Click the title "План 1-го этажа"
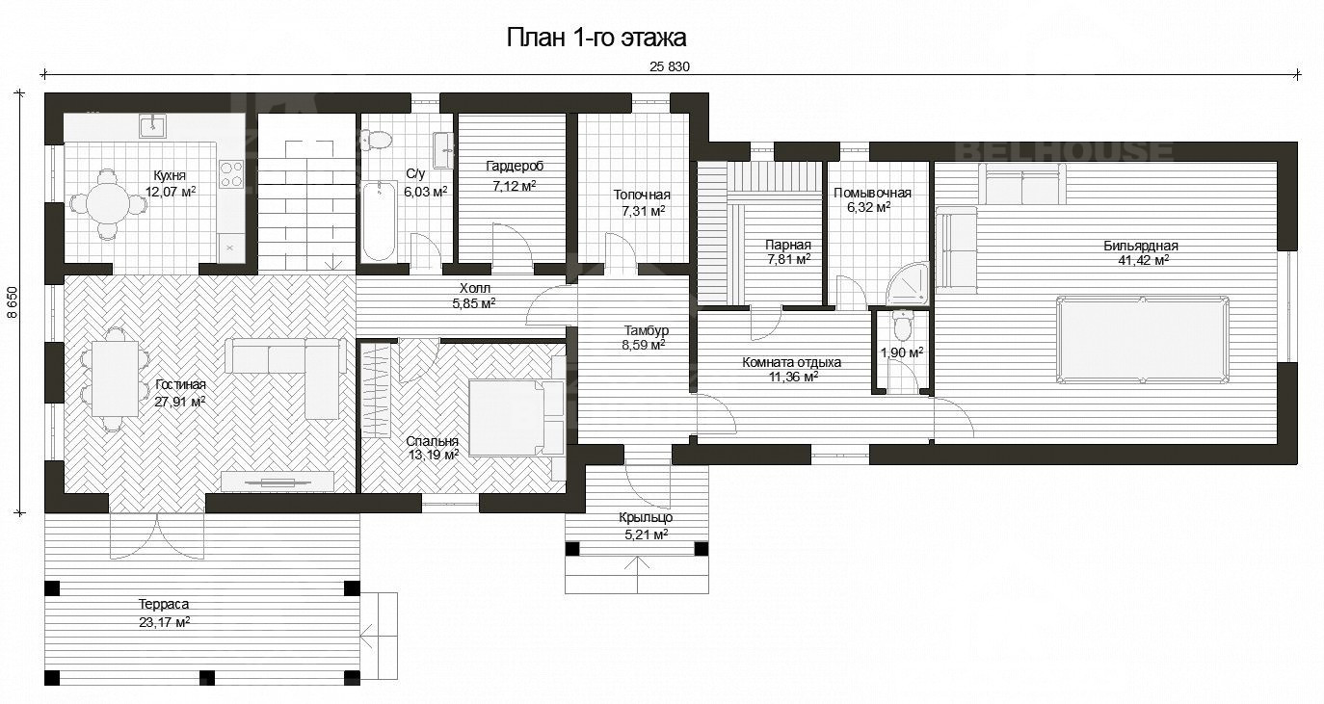(596, 38)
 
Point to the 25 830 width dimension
(670, 66)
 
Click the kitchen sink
(153, 126)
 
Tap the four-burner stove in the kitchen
(231, 173)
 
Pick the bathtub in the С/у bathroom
(378, 221)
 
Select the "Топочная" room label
(642, 195)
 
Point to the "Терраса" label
(163, 604)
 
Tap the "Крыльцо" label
(646, 517)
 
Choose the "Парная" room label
(787, 245)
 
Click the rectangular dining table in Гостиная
(115, 379)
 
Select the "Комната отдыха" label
(791, 363)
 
